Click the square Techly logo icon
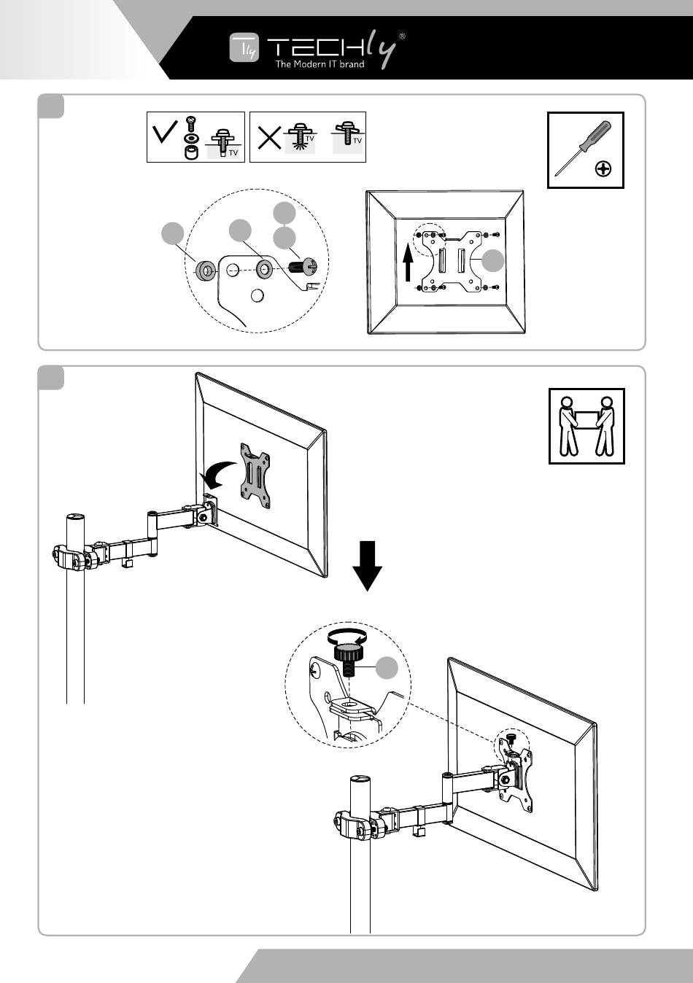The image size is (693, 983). [244, 47]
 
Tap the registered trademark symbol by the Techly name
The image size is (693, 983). [403, 35]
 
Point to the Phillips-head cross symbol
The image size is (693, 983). [604, 170]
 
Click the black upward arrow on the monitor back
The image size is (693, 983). [409, 263]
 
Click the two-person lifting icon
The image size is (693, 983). [586, 426]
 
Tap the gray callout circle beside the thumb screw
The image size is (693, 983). [387, 668]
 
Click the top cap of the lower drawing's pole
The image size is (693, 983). [360, 780]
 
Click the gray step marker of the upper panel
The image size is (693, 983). [51, 106]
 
